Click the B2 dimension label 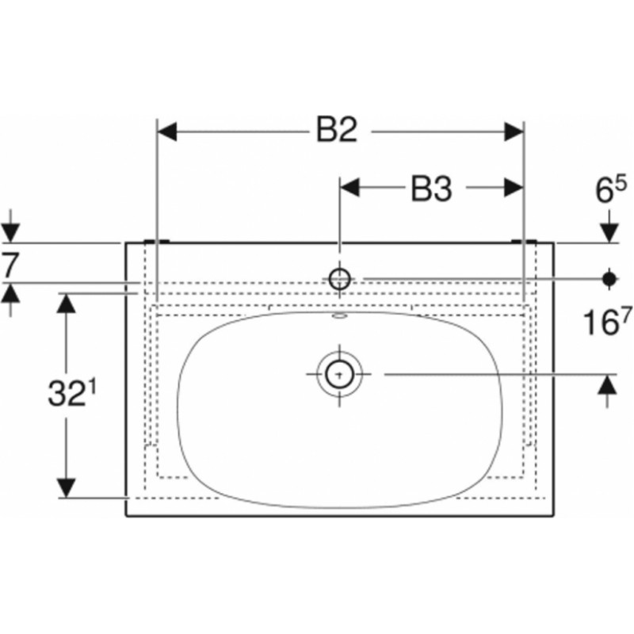[337, 130]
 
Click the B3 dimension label [431, 189]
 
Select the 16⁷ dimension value [607, 322]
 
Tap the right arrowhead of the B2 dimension [514, 132]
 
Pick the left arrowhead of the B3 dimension [349, 188]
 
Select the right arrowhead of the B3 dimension [514, 188]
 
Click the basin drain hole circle [340, 374]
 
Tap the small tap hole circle [339, 278]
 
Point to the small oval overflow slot [340, 316]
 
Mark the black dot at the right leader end [609, 278]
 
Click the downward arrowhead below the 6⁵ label [609, 233]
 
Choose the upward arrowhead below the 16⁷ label [607, 384]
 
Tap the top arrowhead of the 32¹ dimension [66, 303]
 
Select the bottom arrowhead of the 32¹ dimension [66, 488]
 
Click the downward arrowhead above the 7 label [10, 233]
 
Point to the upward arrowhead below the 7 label [10, 292]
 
